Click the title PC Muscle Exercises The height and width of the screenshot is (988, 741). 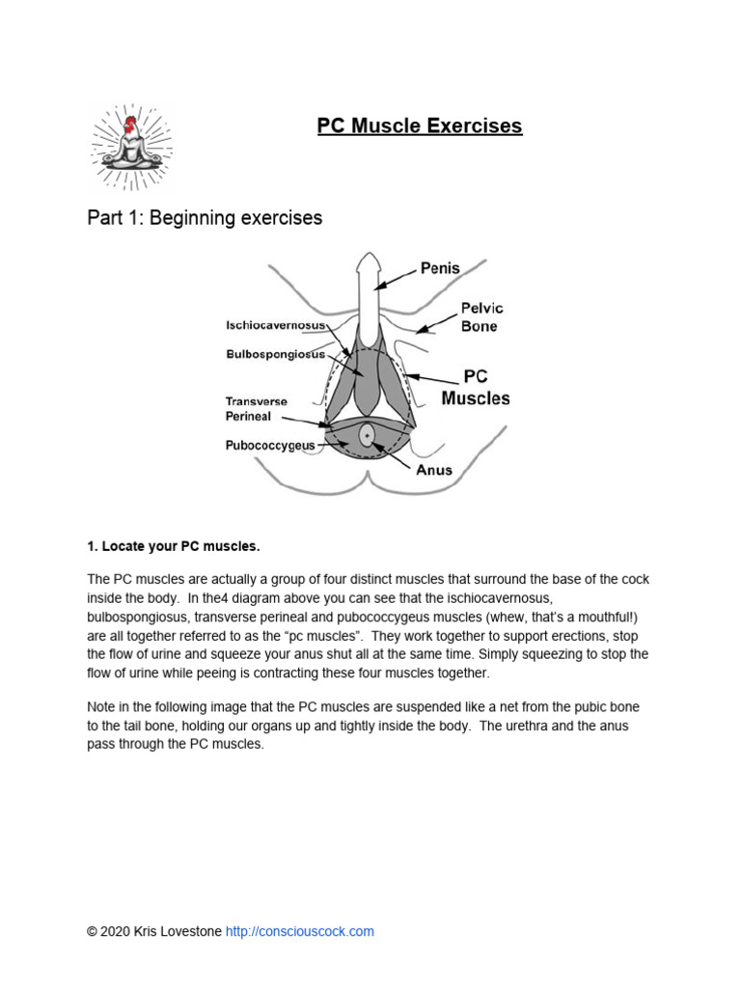point(420,125)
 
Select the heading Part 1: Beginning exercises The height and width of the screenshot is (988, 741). point(205,218)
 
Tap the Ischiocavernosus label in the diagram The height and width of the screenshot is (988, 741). point(275,325)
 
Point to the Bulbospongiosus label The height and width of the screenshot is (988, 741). point(275,354)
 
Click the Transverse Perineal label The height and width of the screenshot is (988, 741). point(249,408)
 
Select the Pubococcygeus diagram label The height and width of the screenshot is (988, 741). point(270,446)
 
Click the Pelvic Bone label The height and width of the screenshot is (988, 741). point(481,317)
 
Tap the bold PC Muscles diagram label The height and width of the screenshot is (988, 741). point(476,387)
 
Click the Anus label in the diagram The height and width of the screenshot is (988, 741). point(433,470)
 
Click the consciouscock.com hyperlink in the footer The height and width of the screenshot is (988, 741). point(299,931)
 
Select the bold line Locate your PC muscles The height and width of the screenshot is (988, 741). point(173,546)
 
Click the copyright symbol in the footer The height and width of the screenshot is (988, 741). point(92,931)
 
